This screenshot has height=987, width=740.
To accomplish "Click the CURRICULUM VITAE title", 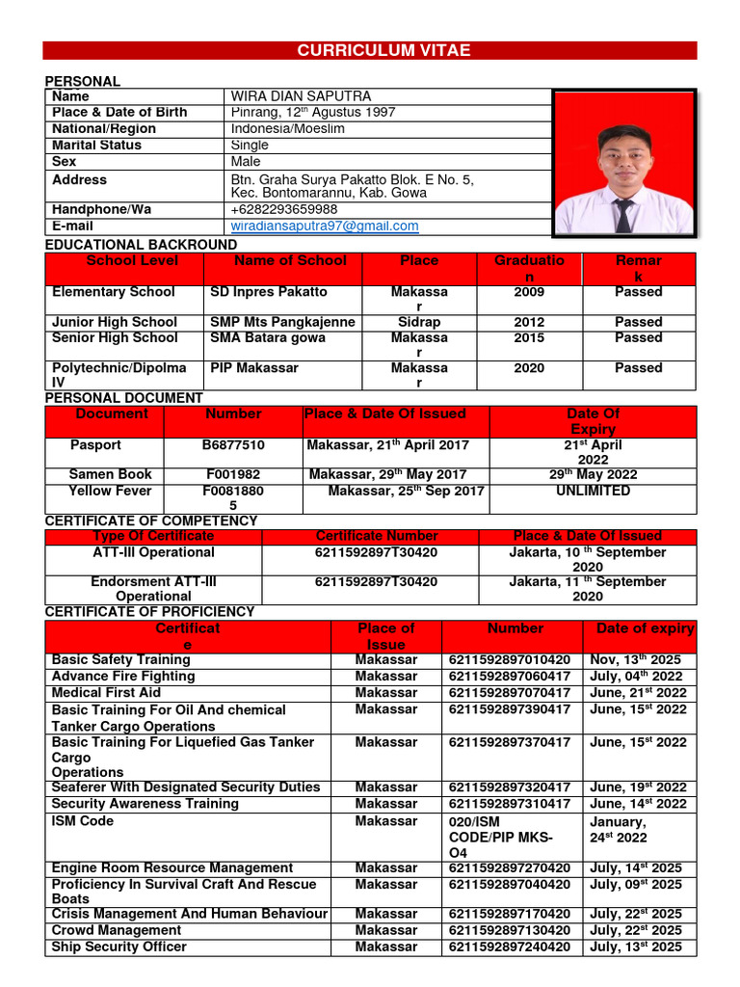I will [369, 51].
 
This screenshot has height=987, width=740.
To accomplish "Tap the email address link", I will [325, 227].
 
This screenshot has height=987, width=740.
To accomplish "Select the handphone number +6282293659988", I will [284, 210].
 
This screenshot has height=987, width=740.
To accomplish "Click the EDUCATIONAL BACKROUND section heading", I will [141, 245].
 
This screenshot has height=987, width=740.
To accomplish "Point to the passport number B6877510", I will [233, 445].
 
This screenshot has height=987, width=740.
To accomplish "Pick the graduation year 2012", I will [529, 322].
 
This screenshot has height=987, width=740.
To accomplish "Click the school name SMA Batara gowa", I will [254, 338].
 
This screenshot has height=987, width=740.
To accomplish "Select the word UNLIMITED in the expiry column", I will [593, 492].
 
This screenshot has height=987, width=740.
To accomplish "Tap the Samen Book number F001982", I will [233, 475].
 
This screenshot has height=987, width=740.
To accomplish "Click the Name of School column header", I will [290, 261].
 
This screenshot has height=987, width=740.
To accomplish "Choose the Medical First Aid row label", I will [106, 693].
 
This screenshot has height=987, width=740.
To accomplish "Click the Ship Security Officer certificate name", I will [119, 947].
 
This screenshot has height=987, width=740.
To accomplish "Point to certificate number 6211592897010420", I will [509, 660].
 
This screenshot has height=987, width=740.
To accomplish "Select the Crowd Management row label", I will [116, 931].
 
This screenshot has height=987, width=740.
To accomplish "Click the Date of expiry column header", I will [645, 628].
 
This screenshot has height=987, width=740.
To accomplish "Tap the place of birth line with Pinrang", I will [313, 113].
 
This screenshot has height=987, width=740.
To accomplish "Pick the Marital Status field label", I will [96, 146].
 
